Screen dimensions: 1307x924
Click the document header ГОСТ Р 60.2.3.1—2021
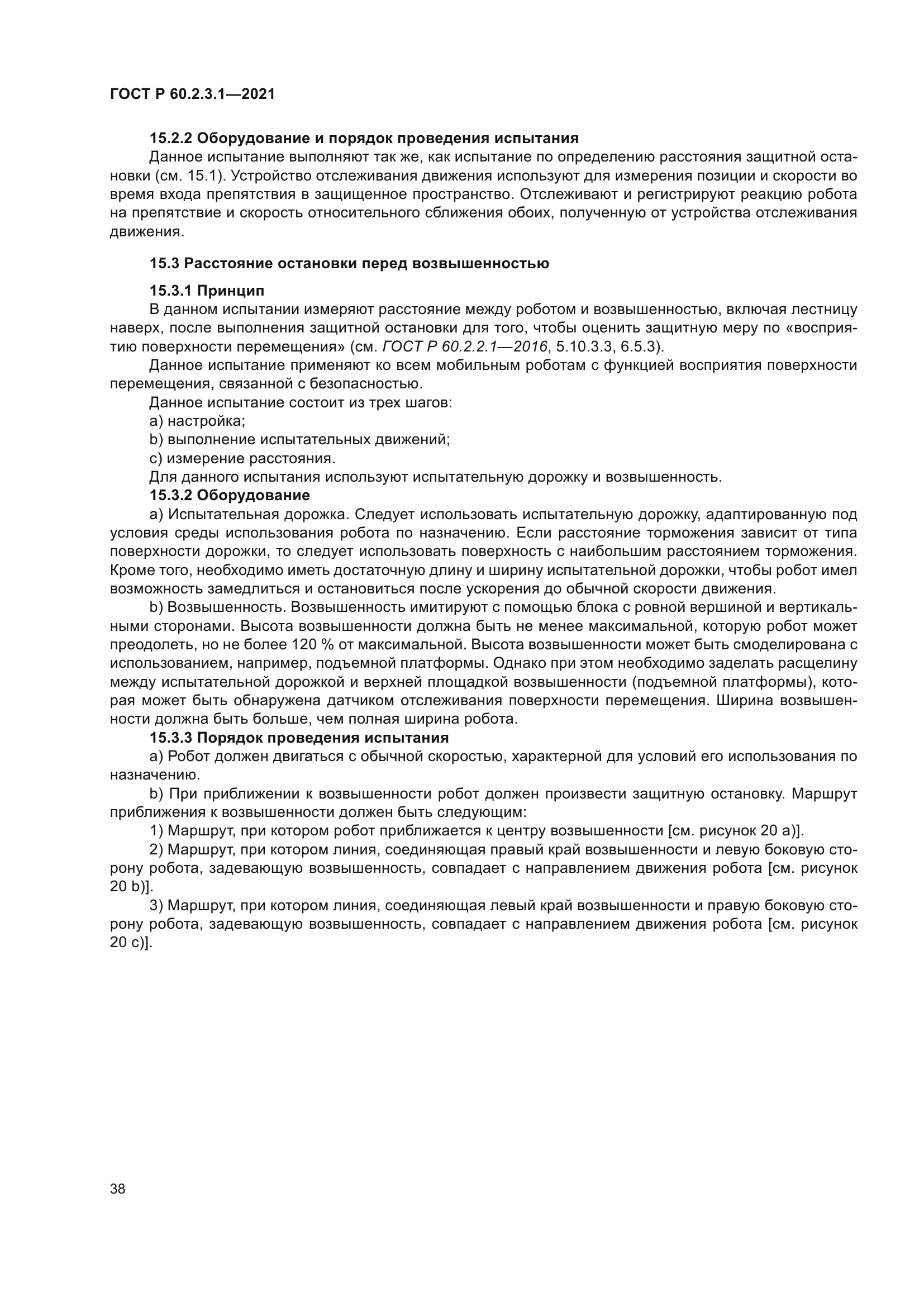(192, 94)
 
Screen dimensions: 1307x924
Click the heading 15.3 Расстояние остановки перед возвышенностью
(349, 264)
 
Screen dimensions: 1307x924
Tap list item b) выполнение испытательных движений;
(299, 439)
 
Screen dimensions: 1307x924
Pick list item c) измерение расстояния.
(242, 458)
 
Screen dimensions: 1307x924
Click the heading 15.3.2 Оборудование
(230, 495)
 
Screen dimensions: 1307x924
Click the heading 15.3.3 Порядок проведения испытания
(299, 738)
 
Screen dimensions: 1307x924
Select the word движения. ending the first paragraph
(147, 232)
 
